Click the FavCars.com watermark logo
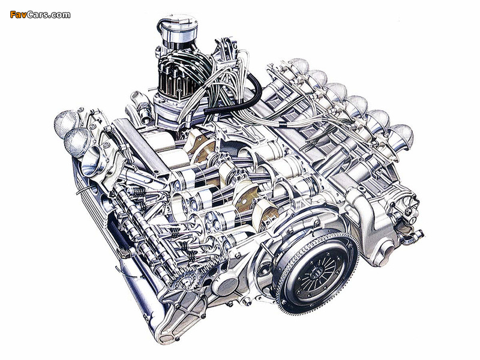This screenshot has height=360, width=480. (x=40, y=14)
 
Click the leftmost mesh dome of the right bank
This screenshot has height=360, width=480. (x=299, y=66)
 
